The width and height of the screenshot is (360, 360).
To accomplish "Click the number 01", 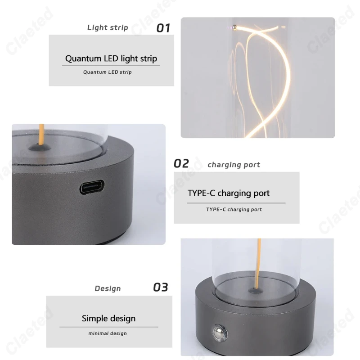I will click(163, 28).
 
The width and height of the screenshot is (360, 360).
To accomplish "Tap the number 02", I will click(182, 163).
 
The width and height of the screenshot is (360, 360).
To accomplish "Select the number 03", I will click(161, 287).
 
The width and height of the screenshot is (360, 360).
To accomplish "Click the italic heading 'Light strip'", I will click(108, 27).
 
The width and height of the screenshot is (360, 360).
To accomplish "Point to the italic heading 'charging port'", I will click(234, 165).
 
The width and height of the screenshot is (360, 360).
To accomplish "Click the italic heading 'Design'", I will click(108, 288).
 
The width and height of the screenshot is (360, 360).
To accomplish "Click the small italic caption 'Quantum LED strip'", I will click(108, 72).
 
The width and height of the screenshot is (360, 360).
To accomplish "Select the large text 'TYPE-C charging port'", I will click(229, 193).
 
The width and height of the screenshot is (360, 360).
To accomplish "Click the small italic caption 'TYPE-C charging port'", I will click(234, 209).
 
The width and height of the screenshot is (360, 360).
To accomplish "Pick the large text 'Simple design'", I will click(108, 318).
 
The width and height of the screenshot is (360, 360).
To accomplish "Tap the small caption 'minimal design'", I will click(108, 333).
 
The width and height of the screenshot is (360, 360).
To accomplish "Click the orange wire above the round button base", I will click(258, 265).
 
